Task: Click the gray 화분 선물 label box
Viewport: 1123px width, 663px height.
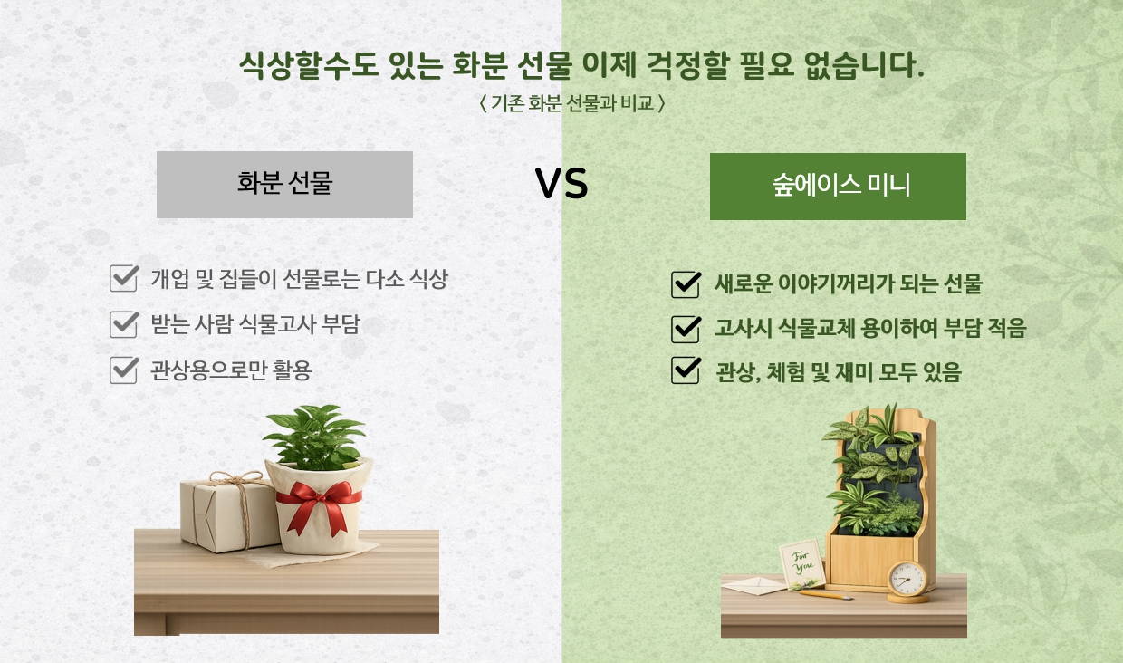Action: pyautogui.click(x=284, y=185)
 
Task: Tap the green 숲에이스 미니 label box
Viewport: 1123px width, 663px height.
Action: pyautogui.click(x=838, y=187)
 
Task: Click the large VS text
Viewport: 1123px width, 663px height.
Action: pyautogui.click(x=561, y=184)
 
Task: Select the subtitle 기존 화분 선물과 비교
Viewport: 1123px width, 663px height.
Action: pyautogui.click(x=572, y=104)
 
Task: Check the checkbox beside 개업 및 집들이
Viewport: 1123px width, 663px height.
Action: pyautogui.click(x=124, y=278)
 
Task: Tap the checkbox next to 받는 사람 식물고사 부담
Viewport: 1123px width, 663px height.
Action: pyautogui.click(x=124, y=324)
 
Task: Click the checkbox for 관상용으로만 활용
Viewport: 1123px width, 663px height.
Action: pyautogui.click(x=124, y=370)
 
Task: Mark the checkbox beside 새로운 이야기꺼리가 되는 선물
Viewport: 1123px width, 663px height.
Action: pyautogui.click(x=686, y=284)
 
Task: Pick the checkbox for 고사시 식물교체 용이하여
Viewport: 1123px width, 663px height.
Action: pyautogui.click(x=686, y=329)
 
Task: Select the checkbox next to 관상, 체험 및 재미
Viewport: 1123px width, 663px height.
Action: pyautogui.click(x=686, y=370)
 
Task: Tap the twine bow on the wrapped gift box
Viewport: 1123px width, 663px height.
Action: pyautogui.click(x=236, y=479)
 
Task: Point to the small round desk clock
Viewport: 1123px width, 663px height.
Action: pyautogui.click(x=907, y=581)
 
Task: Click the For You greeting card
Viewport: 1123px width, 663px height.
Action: pyautogui.click(x=802, y=564)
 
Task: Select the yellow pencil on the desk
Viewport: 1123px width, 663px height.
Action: pyautogui.click(x=826, y=595)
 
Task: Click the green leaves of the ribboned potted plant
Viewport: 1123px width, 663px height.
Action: pyautogui.click(x=315, y=437)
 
